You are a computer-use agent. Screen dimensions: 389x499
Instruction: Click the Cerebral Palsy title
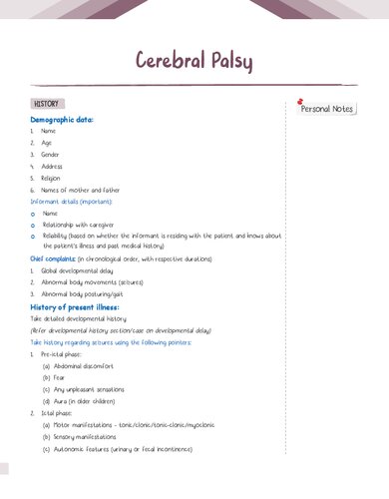[194, 60]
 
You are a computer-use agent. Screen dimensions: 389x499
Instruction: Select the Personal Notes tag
[327, 109]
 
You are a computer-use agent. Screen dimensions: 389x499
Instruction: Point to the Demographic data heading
[62, 119]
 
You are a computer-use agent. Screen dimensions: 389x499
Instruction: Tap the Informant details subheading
[70, 202]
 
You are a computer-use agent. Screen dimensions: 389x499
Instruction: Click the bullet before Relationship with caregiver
[34, 225]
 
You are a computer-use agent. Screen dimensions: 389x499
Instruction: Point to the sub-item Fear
[58, 377]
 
